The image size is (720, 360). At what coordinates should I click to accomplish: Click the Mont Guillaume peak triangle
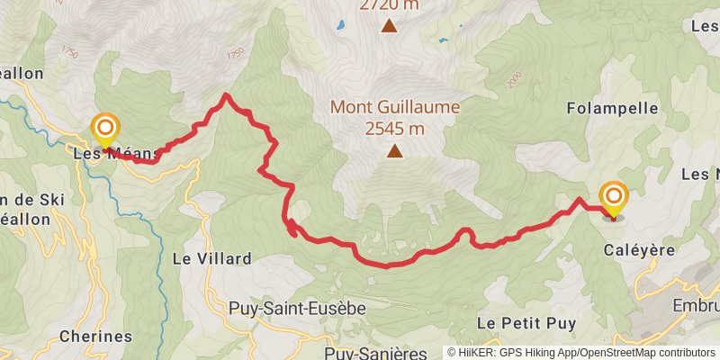394,151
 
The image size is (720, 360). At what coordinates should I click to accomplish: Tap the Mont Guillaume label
394,107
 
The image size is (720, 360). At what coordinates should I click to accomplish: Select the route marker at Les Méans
105,130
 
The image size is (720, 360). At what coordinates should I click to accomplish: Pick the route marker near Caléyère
614,198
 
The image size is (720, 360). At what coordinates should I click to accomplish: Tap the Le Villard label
211,258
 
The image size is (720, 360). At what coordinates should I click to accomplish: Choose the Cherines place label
95,337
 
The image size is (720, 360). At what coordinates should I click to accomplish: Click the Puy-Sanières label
375,352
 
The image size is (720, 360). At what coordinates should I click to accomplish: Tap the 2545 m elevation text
394,129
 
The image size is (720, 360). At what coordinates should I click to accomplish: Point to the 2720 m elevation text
389,5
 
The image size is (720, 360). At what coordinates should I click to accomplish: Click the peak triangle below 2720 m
389,26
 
